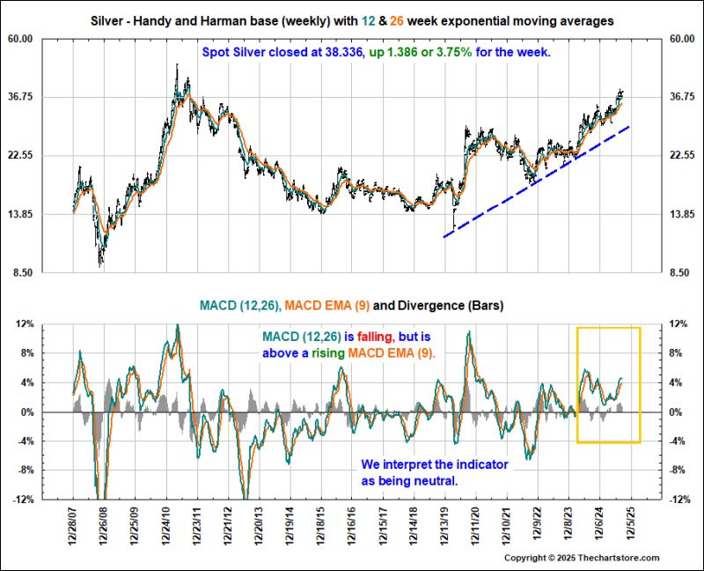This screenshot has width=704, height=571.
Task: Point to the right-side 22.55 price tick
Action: click(x=683, y=155)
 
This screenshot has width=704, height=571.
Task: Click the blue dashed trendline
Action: click(x=537, y=181)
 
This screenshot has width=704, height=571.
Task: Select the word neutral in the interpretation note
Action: click(x=436, y=481)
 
